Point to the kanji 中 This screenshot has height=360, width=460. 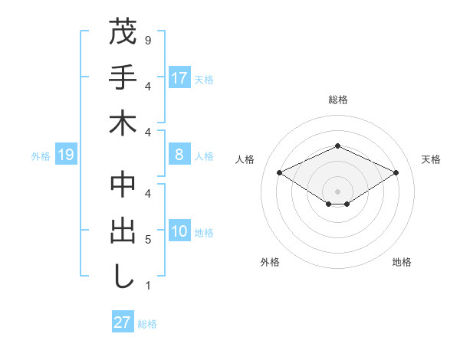pos(123,185)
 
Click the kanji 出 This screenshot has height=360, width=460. pos(123,231)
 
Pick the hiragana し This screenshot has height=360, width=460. pos(123,277)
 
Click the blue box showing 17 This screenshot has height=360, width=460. pos(179,77)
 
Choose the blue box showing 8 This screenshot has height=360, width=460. pos(179,155)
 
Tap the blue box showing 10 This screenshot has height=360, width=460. pos(179,232)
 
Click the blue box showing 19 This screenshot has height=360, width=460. pos(66,155)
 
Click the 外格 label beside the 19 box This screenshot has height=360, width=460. pos(41,156)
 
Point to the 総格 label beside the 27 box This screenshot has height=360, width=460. pos(148,323)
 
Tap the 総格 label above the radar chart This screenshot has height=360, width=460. pos(337,100)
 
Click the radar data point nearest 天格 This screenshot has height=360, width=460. pos(396,173)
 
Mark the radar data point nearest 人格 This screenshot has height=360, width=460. pos(279,173)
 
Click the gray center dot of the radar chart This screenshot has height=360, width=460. pos(337,191)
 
